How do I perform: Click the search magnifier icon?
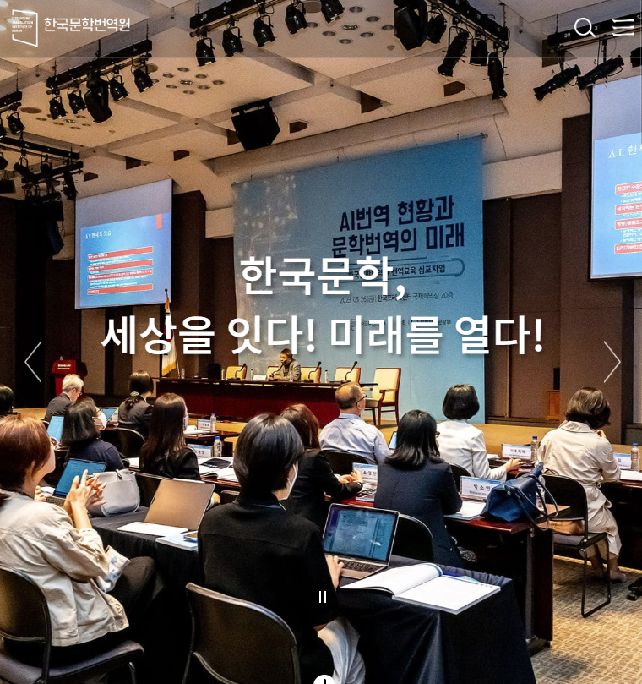pos(584,28)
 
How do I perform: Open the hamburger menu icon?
pos(623,27)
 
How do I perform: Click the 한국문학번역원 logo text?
pos(87,25)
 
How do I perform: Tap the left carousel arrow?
pos(33,362)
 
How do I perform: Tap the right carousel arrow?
pos(612,362)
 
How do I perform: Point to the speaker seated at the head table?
pos(287,365)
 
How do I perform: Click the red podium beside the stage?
pos(63,372)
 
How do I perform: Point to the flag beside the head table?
pos(169,342)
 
